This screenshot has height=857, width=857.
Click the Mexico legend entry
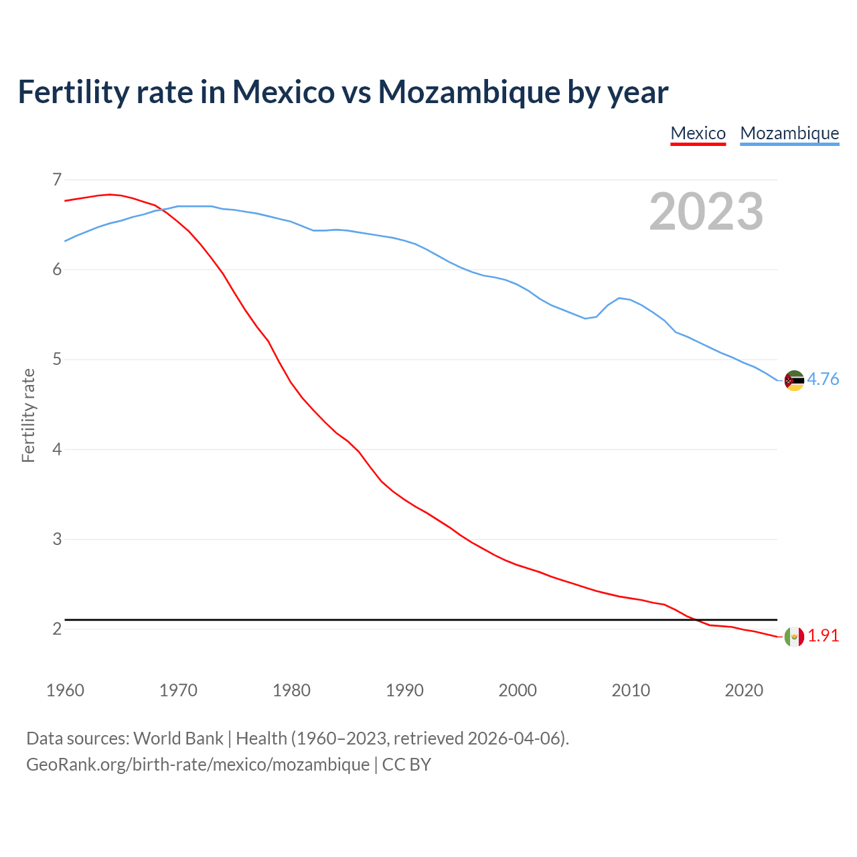(x=698, y=133)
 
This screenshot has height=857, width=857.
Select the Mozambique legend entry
(x=789, y=133)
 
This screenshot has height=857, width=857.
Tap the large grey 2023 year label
(x=706, y=212)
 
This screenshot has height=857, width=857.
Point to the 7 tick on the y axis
(x=56, y=179)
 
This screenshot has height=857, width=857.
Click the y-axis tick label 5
(x=56, y=360)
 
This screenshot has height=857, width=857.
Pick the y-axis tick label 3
(x=56, y=539)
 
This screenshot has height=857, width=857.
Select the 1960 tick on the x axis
(x=65, y=690)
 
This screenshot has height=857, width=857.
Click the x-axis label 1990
(x=404, y=690)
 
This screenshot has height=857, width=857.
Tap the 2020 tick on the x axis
(x=744, y=690)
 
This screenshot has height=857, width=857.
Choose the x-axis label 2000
(x=518, y=690)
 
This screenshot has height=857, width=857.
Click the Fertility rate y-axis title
(x=28, y=415)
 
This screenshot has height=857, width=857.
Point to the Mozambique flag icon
(x=794, y=380)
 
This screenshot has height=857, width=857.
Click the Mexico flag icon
(x=794, y=637)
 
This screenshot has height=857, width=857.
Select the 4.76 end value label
(x=823, y=380)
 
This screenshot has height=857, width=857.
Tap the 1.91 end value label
(x=823, y=636)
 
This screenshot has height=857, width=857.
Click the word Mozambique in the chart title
(x=469, y=92)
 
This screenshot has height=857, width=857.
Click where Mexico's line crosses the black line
(x=694, y=619)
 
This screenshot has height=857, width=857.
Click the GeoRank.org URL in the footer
(x=198, y=765)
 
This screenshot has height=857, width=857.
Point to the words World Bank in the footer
(x=178, y=738)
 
